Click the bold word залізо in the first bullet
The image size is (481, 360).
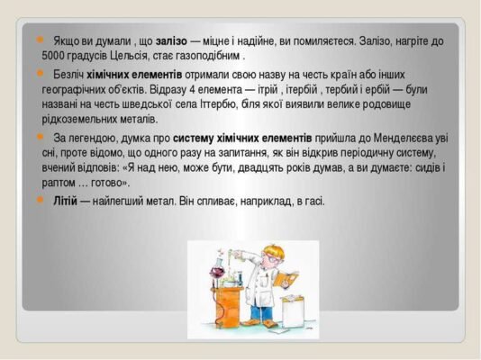(172, 41)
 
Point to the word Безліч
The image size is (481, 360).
(69, 73)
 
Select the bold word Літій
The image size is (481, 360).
(65, 200)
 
